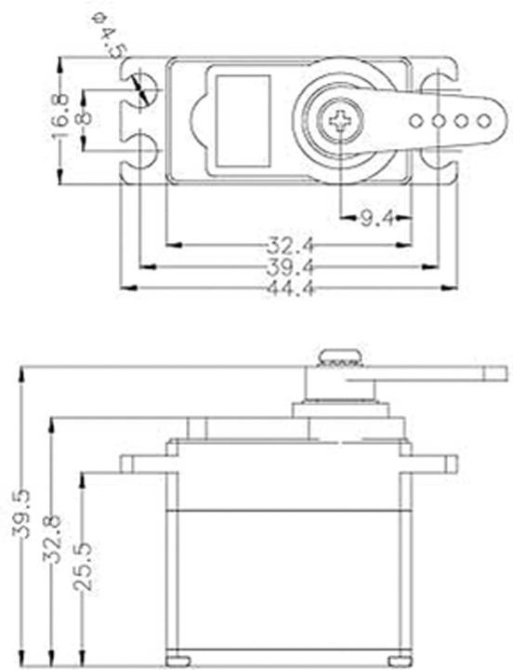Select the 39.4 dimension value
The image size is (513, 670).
[289, 268]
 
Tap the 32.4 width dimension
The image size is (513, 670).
[289, 247]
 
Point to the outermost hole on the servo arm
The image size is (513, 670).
[483, 120]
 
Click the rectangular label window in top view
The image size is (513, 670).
[243, 120]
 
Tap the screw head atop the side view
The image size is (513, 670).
[340, 356]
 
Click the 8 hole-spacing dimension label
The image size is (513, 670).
[85, 120]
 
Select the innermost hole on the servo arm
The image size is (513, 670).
[416, 120]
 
